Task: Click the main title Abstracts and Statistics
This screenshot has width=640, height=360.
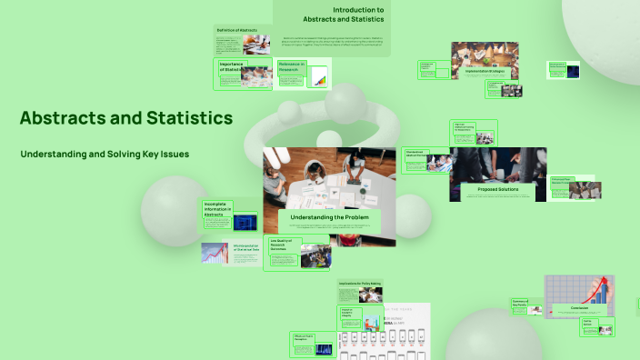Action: (x=125, y=118)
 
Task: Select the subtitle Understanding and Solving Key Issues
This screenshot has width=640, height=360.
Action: (x=105, y=155)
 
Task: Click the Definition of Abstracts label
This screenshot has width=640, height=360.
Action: (x=236, y=30)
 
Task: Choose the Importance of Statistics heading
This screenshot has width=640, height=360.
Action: (x=232, y=67)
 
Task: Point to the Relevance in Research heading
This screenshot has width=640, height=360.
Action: (x=293, y=65)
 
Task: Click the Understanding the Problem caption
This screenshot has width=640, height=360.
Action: (x=330, y=218)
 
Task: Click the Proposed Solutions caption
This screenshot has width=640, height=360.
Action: (x=497, y=189)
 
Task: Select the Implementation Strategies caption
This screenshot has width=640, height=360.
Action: (x=485, y=70)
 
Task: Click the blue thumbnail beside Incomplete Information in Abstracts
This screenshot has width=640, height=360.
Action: (x=245, y=221)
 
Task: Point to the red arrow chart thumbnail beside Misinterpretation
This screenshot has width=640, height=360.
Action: (x=215, y=253)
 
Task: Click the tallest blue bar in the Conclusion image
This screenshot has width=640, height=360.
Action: (x=603, y=292)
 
